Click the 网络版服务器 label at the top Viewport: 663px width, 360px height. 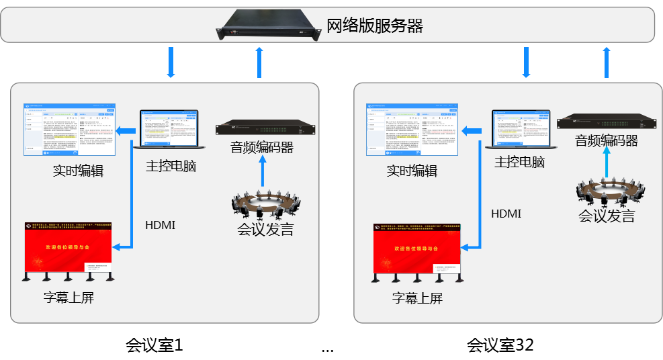pyautogui.click(x=374, y=26)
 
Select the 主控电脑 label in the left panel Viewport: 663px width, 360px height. pyautogui.click(x=171, y=166)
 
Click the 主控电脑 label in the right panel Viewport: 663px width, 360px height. pyautogui.click(x=519, y=162)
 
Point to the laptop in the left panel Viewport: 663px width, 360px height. pyautogui.click(x=170, y=129)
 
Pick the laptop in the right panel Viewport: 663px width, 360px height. pyautogui.click(x=521, y=128)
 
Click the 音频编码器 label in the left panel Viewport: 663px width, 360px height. pyautogui.click(x=261, y=147)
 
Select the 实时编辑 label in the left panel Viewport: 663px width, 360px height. pyautogui.click(x=78, y=170)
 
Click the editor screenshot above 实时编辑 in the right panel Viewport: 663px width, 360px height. pyautogui.click(x=412, y=130)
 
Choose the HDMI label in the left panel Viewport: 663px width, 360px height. pyautogui.click(x=160, y=225)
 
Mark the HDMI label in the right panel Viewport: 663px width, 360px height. pyautogui.click(x=506, y=214)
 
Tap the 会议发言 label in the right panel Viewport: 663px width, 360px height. pyautogui.click(x=607, y=216)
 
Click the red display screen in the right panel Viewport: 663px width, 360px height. pyautogui.click(x=417, y=248)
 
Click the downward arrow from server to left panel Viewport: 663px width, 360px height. pyautogui.click(x=171, y=62)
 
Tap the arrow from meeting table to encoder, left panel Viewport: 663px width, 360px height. pyautogui.click(x=262, y=175)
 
